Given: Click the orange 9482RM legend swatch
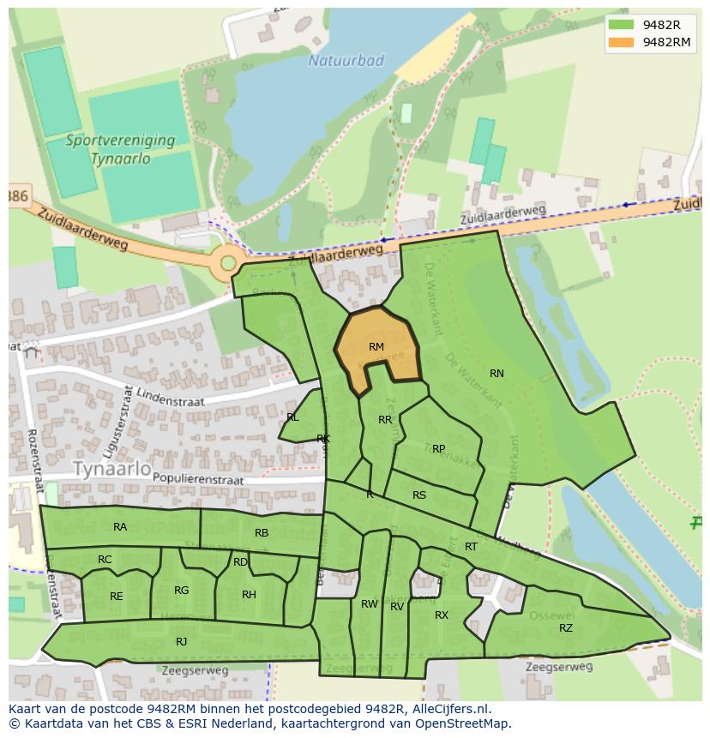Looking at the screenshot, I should (x=622, y=42).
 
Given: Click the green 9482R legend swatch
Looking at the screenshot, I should (x=622, y=24).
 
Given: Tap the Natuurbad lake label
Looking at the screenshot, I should (x=346, y=61).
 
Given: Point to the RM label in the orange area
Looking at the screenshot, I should (x=376, y=347).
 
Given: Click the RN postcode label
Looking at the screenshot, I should (x=496, y=373).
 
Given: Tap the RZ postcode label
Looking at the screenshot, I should (x=566, y=628).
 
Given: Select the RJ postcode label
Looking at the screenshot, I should (x=181, y=641).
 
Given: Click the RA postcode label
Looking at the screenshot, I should (x=120, y=527).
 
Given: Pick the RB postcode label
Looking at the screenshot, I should (x=262, y=533).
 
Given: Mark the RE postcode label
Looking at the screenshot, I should (x=117, y=596).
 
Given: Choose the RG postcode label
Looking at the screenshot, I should (x=181, y=590).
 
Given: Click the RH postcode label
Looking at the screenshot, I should (x=249, y=594).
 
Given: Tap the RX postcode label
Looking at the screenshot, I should (x=442, y=615).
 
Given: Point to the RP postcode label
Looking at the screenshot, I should (x=438, y=448).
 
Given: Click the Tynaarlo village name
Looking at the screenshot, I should (x=111, y=469).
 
